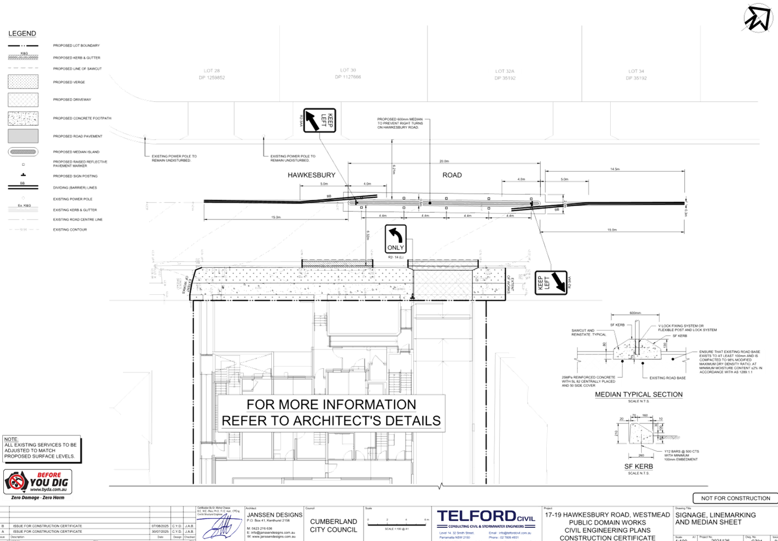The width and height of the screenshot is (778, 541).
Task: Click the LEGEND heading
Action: (x=22, y=34)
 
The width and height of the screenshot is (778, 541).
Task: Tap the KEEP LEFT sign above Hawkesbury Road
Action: (x=319, y=120)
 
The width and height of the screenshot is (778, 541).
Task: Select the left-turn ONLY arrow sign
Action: (x=395, y=238)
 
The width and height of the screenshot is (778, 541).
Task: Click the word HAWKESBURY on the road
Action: (x=311, y=175)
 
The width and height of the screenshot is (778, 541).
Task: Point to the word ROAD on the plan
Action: (x=452, y=175)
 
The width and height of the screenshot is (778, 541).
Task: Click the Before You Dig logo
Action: (x=38, y=485)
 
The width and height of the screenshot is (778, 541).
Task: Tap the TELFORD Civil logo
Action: (x=485, y=517)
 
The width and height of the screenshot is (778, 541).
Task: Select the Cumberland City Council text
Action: (x=334, y=525)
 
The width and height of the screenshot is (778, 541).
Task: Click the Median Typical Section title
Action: (x=638, y=394)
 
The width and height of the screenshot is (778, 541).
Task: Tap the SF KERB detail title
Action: (x=638, y=467)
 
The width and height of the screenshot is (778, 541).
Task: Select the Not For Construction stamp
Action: (x=734, y=498)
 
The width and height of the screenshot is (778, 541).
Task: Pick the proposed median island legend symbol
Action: (x=23, y=152)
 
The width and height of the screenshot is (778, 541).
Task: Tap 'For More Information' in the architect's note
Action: (x=331, y=405)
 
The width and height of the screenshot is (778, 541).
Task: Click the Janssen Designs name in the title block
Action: (x=274, y=515)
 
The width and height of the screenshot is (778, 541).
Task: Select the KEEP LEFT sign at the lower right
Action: (x=551, y=282)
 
